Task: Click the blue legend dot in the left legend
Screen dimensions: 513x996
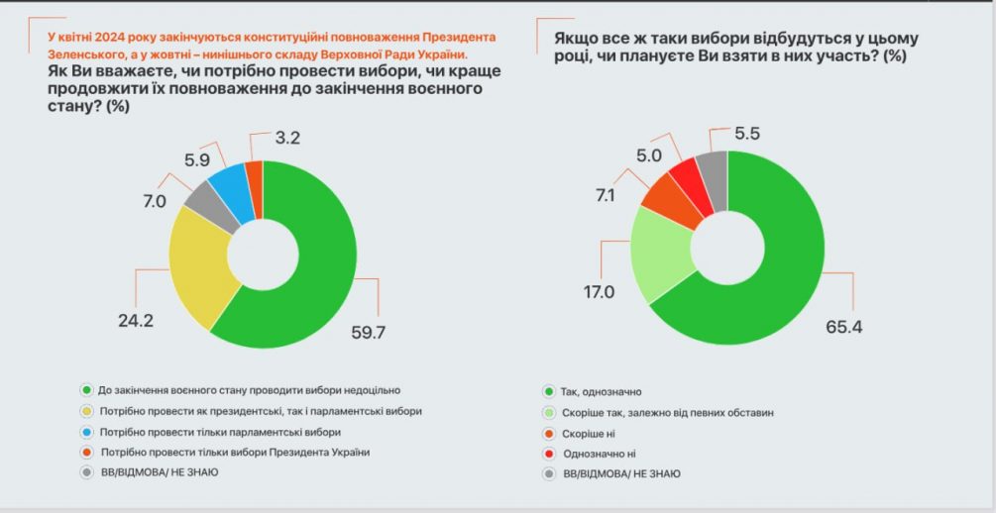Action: pos(86,432)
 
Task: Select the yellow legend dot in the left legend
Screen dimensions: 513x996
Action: pos(86,411)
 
